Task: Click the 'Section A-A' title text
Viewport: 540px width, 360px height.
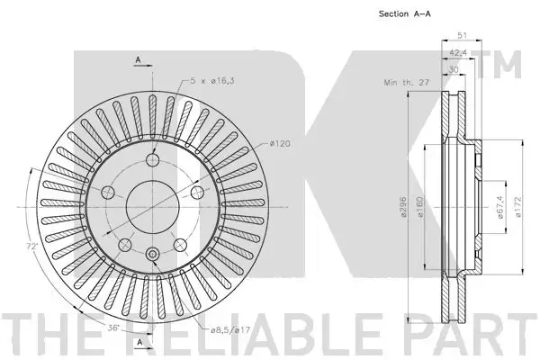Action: click(405, 13)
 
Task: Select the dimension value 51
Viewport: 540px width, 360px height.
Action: click(462, 35)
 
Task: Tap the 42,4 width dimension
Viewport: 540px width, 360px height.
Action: click(458, 53)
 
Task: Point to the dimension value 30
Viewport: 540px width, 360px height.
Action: click(454, 69)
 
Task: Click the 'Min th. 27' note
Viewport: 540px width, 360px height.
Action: click(407, 83)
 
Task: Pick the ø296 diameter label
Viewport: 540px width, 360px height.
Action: click(403, 207)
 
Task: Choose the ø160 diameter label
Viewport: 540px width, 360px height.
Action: click(419, 207)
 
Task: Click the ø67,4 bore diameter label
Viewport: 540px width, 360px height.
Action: click(500, 207)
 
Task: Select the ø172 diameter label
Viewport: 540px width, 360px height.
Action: click(518, 207)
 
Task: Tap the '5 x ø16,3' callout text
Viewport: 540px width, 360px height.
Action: click(212, 81)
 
